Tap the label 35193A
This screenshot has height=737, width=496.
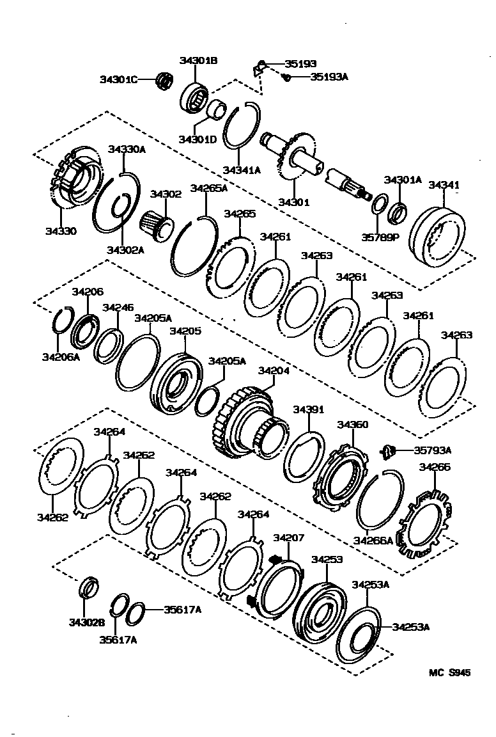tap(329, 77)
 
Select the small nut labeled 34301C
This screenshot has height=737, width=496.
tap(165, 80)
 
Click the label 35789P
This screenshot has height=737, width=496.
tap(380, 236)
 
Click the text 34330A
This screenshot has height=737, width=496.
tap(127, 150)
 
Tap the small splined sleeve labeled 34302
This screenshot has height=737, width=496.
tap(155, 223)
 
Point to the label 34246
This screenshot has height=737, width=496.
tap(118, 308)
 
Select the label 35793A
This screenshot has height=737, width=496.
tap(433, 450)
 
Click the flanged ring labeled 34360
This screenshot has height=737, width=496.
tap(341, 477)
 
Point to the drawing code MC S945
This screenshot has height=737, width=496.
tap(449, 672)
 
